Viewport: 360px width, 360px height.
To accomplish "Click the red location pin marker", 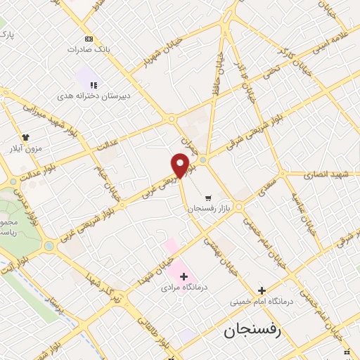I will [x=180, y=165].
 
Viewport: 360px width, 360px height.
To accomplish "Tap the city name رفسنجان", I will [x=252, y=331].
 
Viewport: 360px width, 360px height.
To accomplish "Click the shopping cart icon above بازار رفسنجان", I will [x=207, y=198].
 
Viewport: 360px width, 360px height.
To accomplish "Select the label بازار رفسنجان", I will [x=208, y=209].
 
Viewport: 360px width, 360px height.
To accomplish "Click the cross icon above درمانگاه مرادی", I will [x=184, y=276].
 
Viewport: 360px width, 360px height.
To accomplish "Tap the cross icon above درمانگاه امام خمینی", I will [x=262, y=290].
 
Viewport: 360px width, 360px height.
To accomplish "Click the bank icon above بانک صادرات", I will [x=89, y=39].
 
